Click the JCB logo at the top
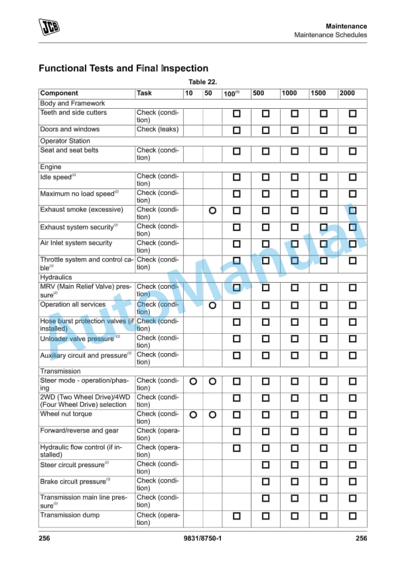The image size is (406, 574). pos(48,27)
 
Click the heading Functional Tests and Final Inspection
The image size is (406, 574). pos(123,68)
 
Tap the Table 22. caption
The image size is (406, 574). pos(203,82)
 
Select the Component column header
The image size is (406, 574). pos(59,94)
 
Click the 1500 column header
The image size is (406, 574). pos(318,94)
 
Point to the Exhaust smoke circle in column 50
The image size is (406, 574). pos(212,210)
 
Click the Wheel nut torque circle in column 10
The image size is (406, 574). pos(192,415)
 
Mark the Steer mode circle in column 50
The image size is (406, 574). pos(212,382)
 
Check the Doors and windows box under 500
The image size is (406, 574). pos(265,130)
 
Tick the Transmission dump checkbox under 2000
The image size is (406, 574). pos(352,516)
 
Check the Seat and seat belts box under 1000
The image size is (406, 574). pos(295,151)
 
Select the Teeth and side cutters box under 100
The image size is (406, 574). pos(236,114)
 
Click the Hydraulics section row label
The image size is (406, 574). pos(56,277)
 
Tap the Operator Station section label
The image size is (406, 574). pos(65,141)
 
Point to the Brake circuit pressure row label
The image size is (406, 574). pos(73,482)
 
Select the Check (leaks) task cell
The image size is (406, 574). pos(157,129)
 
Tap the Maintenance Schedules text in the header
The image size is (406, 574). pos(330,35)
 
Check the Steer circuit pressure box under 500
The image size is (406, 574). pos(265,465)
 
